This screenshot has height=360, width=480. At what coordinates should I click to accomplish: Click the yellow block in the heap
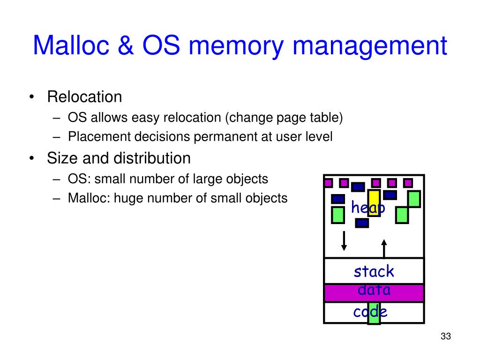pyautogui.click(x=374, y=202)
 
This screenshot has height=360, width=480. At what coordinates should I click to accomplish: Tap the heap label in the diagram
pyautogui.click(x=368, y=208)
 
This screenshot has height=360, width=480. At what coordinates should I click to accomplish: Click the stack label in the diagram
pyautogui.click(x=374, y=271)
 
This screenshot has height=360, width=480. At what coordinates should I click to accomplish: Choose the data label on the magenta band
pyautogui.click(x=374, y=291)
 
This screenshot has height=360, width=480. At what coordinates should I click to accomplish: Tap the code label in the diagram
pyautogui.click(x=370, y=312)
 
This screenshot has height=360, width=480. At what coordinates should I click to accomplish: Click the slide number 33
pyautogui.click(x=445, y=337)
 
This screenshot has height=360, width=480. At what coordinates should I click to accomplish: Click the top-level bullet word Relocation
pyautogui.click(x=84, y=97)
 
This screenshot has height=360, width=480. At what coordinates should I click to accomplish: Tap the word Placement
pyautogui.click(x=99, y=137)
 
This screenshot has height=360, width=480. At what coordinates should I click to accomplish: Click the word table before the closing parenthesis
pyautogui.click(x=328, y=117)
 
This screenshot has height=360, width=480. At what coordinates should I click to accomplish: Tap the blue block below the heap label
pyautogui.click(x=362, y=223)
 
